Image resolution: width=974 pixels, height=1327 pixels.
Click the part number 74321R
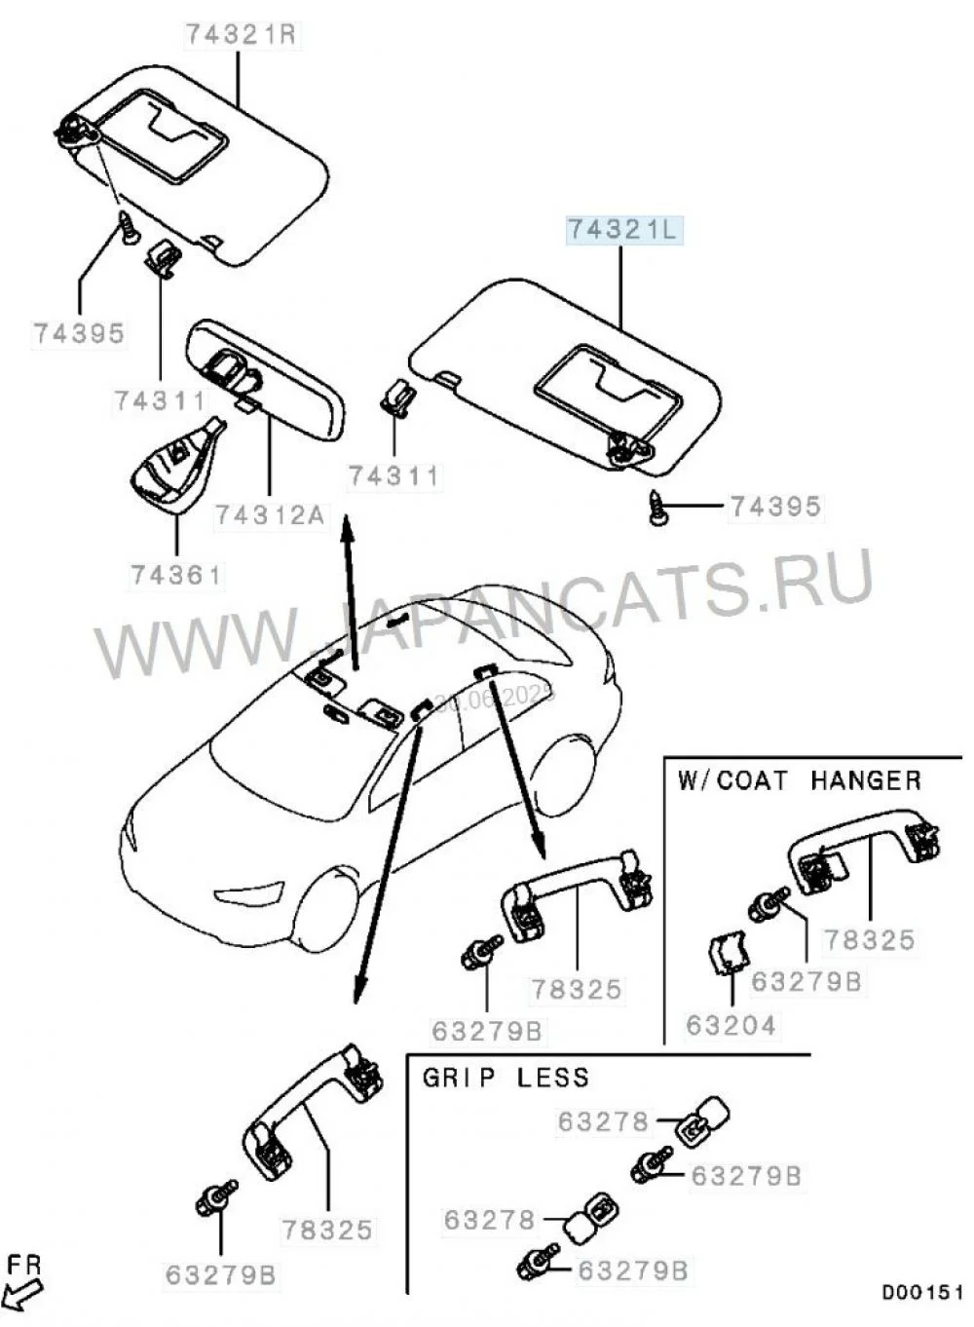[x=241, y=35]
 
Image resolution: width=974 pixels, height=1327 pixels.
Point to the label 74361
[x=176, y=575]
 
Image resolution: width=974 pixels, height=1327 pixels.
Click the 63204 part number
[x=731, y=1025]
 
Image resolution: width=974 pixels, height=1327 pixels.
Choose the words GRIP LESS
[x=506, y=1078]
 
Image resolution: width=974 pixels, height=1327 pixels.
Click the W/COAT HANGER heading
[x=799, y=780]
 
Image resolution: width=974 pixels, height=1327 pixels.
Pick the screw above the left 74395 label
[x=127, y=227]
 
